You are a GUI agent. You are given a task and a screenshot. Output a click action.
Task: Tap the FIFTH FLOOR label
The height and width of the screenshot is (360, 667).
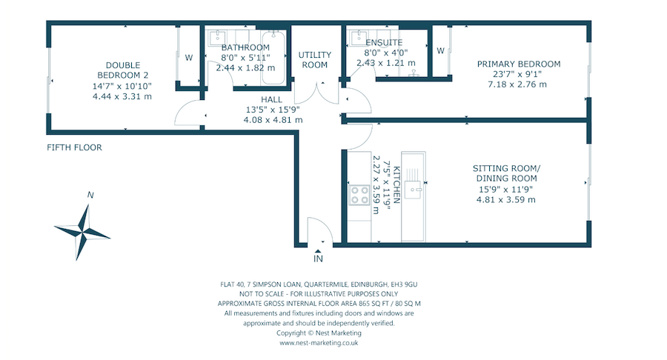(74, 147)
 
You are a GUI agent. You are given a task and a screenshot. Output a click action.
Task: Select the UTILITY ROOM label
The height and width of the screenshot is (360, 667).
(313, 60)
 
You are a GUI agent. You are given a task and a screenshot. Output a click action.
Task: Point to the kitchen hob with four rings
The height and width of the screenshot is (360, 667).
(359, 195)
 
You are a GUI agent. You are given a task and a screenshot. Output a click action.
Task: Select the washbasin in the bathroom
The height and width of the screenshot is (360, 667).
(218, 37)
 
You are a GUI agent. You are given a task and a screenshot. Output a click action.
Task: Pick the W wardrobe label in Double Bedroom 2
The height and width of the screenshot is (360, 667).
(188, 57)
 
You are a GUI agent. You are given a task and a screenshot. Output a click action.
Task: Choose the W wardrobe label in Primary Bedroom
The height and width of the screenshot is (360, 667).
(440, 50)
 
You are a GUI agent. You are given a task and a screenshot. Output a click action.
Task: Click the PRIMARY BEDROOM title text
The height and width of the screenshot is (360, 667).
(518, 64)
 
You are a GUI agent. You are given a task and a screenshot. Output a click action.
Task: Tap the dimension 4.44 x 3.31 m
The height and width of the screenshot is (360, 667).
(122, 96)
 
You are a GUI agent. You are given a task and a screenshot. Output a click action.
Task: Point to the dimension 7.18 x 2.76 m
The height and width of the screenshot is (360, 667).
(517, 84)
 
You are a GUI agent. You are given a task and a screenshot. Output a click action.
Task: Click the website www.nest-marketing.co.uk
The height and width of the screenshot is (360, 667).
(319, 343)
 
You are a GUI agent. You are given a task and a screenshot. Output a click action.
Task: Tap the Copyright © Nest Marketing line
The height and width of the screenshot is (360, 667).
(319, 333)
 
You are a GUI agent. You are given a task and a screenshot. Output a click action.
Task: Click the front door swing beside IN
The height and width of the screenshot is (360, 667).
(314, 230)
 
